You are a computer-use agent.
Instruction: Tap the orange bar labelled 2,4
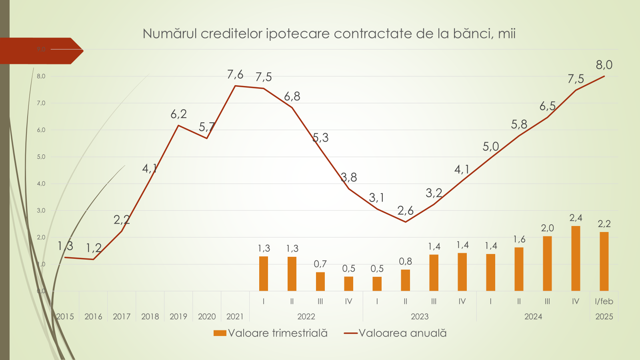[x=576, y=258]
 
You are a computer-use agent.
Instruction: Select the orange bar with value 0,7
[x=320, y=282]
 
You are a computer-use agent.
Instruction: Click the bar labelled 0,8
[x=405, y=280]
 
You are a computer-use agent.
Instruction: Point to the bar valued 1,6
[x=519, y=269]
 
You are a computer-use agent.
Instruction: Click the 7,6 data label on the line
[x=235, y=74]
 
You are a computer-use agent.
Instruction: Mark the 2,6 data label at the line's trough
[x=405, y=210]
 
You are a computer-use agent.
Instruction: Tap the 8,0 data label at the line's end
[x=604, y=65]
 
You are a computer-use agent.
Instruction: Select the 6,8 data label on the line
[x=292, y=96]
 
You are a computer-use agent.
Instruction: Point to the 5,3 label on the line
[x=320, y=138]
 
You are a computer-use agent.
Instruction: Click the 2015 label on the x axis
[x=65, y=316]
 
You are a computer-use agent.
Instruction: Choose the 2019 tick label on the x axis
[x=178, y=316]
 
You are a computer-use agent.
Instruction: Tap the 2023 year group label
[x=420, y=316]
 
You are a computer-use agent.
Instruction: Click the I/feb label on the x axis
[x=604, y=301]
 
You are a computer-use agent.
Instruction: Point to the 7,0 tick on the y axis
[x=41, y=103]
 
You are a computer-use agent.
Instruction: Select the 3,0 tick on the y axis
[x=41, y=210]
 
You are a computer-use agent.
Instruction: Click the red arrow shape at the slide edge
[x=40, y=51]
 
